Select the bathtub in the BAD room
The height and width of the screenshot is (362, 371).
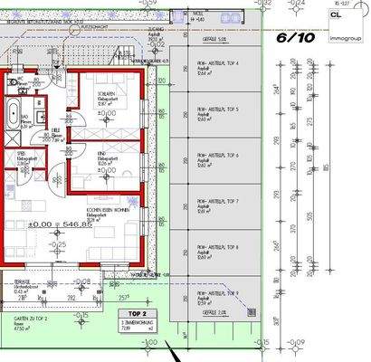pos(17,116)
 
